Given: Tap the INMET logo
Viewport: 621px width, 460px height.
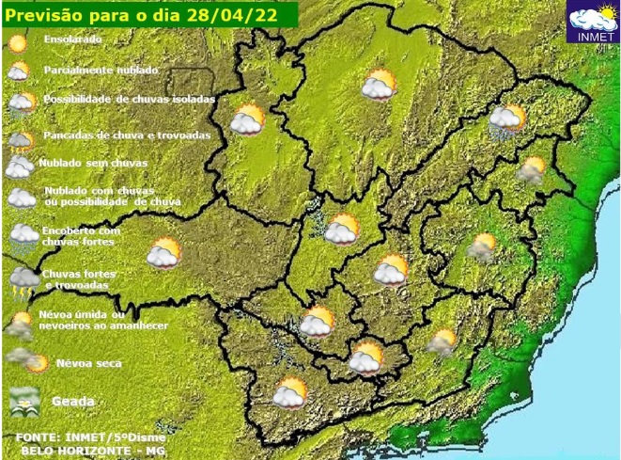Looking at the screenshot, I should click(594, 24).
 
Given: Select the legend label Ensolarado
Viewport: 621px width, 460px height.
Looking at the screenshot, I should click(72, 40).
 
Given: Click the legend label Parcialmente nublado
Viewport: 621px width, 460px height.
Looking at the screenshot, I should click(101, 70).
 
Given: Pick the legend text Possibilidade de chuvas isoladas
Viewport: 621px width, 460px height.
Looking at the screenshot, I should click(129, 99).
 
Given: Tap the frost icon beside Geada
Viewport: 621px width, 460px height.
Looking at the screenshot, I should click(23, 402).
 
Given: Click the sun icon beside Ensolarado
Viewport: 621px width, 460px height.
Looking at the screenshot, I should click(17, 42).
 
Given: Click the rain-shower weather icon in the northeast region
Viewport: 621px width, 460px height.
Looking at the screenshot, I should click(506, 121).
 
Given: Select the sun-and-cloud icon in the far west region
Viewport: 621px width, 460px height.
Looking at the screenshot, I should click(164, 252).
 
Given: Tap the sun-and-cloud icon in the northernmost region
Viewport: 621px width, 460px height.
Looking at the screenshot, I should click(380, 85).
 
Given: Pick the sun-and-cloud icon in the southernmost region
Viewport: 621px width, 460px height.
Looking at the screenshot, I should click(289, 392).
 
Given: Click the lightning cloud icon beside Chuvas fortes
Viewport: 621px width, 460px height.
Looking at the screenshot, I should click(23, 279).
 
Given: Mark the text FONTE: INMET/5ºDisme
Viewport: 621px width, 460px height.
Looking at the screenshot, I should click(90, 438).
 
